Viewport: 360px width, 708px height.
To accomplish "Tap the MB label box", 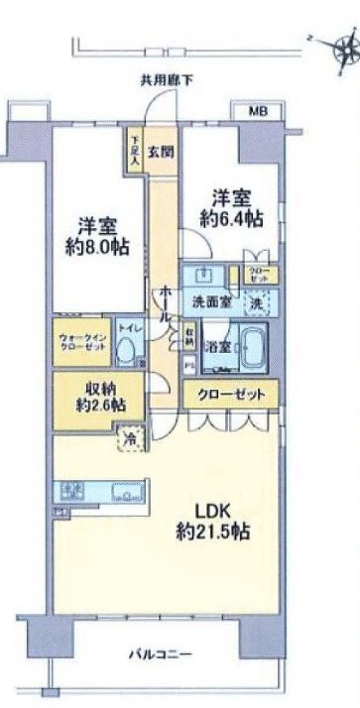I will coord(257,110).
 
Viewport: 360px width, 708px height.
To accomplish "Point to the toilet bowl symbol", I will coord(127,348).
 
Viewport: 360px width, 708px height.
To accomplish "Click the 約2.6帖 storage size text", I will coord(96,405).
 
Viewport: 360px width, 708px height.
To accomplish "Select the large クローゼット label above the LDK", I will coord(231,395).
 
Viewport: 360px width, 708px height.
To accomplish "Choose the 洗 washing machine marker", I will coord(257,301).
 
